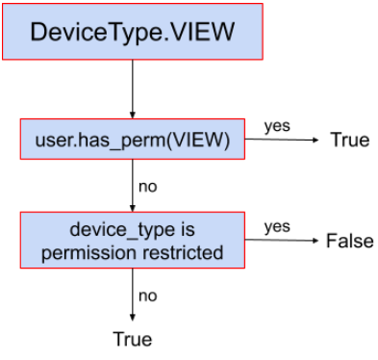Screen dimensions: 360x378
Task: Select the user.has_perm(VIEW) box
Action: click(132, 141)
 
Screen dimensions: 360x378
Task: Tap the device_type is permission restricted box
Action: click(132, 241)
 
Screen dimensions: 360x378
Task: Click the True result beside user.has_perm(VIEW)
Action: click(349, 140)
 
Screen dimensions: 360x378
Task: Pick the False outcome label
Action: click(349, 240)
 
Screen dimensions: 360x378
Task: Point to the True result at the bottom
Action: click(132, 338)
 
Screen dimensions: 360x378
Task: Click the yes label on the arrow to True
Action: click(277, 126)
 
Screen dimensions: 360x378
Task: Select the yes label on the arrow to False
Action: click(277, 226)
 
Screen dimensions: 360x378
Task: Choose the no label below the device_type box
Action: click(147, 296)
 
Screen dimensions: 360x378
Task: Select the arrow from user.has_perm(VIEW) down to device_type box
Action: click(132, 187)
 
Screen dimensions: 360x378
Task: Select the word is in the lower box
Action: click(187, 231)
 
